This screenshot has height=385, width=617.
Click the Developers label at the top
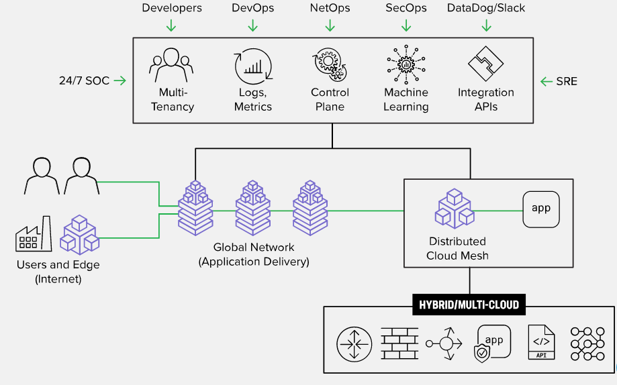tap(172, 8)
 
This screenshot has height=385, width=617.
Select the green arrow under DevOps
tap(252, 25)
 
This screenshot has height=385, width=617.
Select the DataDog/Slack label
tap(486, 8)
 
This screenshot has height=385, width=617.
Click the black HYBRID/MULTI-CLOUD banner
tap(469, 305)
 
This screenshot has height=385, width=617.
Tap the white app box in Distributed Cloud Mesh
tap(541, 209)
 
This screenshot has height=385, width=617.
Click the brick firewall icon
tap(399, 343)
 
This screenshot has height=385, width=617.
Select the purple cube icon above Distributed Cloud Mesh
tap(454, 209)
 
